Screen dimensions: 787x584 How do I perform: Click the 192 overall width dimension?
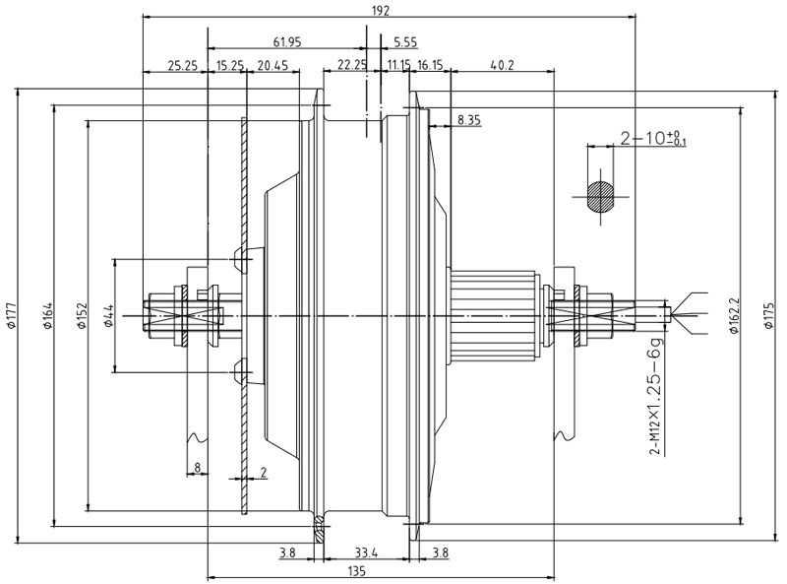381,11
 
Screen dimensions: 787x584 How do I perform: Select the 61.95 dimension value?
287,42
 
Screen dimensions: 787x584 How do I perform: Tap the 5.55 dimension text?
405,42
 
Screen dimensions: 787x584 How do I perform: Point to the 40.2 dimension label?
503,65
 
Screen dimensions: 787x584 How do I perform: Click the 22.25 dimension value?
352,65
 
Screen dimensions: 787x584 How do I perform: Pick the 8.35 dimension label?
469,120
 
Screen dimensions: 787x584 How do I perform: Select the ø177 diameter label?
12,316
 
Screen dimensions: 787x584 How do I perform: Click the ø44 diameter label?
109,316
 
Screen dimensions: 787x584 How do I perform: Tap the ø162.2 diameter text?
734,315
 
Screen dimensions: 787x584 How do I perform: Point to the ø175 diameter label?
768,315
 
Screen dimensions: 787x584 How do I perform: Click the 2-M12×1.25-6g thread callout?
656,395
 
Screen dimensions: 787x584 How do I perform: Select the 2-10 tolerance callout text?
653,138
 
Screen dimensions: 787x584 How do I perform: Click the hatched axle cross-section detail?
601,196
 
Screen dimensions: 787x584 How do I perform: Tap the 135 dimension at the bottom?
356,571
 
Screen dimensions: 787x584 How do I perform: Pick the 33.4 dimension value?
366,553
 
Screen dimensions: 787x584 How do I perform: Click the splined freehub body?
495,315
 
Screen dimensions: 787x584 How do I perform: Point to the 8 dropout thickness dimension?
198,468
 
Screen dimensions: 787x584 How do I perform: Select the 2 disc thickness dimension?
264,472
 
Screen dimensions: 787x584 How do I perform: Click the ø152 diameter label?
83,316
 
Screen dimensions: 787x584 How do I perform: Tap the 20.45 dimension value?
272,65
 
